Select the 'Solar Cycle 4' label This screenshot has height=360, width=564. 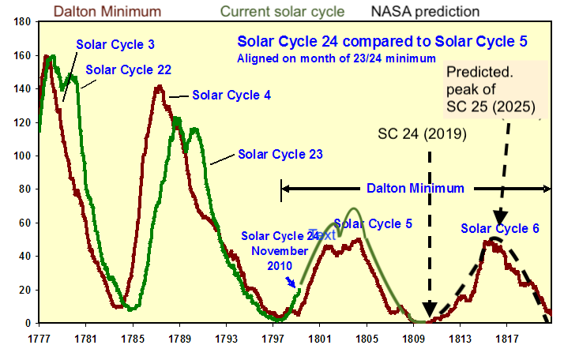click(x=231, y=96)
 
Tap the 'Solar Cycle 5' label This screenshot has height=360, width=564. click(x=373, y=224)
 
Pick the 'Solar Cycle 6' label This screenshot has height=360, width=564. click(x=500, y=229)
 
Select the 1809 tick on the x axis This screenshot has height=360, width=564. click(x=412, y=339)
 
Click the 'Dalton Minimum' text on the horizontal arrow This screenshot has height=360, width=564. click(x=415, y=189)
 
